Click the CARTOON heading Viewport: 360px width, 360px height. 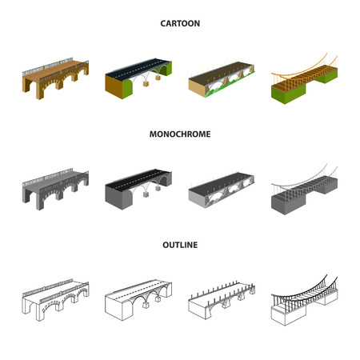coord(180,23)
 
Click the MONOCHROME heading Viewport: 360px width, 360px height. coord(180,134)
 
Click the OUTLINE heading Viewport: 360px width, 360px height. coord(180,245)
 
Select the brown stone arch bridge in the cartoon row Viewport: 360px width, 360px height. coord(55,78)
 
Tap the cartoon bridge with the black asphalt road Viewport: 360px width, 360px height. coord(138,78)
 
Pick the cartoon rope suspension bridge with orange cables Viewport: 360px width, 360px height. coord(305,78)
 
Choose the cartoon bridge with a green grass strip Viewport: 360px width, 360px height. coord(222,79)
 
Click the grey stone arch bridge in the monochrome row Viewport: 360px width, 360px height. coord(55,189)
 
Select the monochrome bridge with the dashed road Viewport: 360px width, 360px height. coord(138,190)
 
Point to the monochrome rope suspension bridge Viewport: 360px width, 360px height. coord(305,190)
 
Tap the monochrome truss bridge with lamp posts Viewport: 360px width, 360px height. coord(222,190)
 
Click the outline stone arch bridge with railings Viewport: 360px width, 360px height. coord(55,300)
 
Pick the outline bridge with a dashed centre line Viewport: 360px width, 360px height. coord(138,300)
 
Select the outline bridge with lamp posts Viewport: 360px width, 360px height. coord(222,300)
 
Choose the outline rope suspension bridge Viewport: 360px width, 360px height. coord(305,300)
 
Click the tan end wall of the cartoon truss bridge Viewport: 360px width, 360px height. coord(197,86)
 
